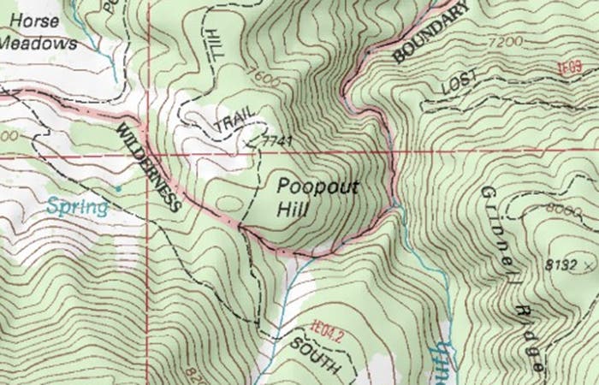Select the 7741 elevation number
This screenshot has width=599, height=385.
[x=276, y=139]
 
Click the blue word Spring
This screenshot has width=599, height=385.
[x=78, y=206]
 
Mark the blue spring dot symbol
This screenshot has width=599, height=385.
[x=118, y=187]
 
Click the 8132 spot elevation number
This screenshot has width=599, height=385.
[x=560, y=266]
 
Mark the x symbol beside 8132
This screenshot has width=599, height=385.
[x=590, y=267]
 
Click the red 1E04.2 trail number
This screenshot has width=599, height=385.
[x=327, y=326]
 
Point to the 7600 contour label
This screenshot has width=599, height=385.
[x=266, y=79]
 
